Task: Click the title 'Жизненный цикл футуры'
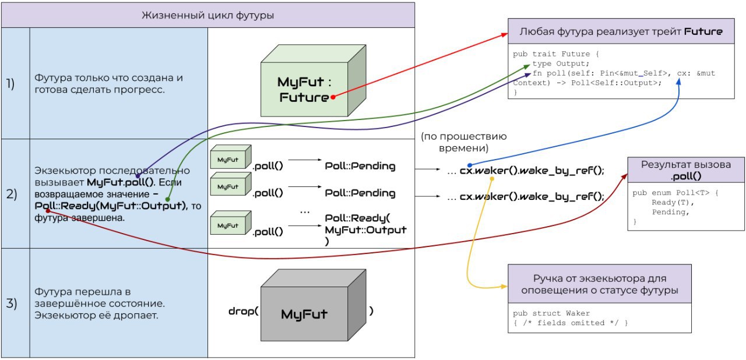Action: click(208, 15)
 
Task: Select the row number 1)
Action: click(10, 83)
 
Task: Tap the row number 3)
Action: click(11, 303)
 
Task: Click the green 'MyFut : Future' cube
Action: click(314, 80)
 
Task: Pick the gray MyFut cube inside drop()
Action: click(314, 305)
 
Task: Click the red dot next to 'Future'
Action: click(333, 97)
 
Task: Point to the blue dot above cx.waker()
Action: click(470, 165)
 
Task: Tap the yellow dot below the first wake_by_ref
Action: click(492, 179)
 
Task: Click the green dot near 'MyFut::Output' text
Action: click(167, 200)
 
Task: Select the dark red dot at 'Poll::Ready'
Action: click(48, 211)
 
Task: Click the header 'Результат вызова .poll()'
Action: click(686, 170)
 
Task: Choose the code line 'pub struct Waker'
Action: click(551, 313)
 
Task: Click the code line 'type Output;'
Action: click(561, 63)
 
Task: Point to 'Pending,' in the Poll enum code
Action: click(670, 212)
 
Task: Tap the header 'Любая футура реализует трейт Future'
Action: click(621, 31)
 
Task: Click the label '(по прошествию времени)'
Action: click(463, 142)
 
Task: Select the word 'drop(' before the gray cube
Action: click(244, 311)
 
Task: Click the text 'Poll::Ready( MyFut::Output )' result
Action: click(365, 230)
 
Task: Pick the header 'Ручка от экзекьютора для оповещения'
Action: click(600, 284)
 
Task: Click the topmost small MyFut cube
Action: click(231, 157)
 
